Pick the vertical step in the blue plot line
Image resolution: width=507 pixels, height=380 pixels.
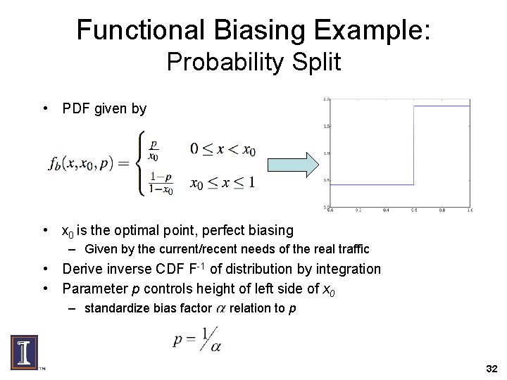point(413,146)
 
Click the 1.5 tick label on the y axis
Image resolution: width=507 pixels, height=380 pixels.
point(325,126)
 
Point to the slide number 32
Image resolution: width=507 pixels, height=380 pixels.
point(492,369)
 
